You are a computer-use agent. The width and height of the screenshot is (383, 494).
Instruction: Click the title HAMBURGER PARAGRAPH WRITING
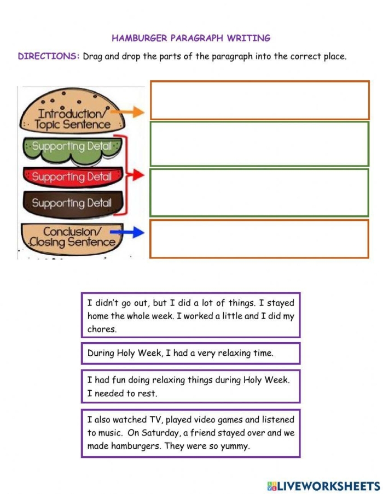click(191, 38)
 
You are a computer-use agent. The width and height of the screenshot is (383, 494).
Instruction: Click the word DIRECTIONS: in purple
click(49, 56)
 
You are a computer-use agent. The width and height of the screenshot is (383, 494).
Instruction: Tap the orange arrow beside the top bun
click(131, 112)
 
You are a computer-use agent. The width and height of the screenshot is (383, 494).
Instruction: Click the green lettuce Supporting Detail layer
click(72, 147)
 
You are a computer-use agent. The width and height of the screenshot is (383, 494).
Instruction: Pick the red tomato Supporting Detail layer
click(72, 177)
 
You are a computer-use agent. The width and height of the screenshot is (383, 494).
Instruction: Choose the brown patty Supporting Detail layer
click(72, 203)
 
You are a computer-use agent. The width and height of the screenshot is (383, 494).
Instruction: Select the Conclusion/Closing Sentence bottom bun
click(70, 237)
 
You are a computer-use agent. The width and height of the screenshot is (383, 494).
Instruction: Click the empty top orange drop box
click(259, 100)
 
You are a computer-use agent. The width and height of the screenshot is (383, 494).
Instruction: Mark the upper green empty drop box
click(259, 144)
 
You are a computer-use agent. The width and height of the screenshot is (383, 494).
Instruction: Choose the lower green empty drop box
click(259, 192)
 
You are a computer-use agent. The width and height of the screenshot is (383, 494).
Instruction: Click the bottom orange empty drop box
click(259, 239)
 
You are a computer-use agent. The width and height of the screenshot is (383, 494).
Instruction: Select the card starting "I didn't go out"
click(190, 315)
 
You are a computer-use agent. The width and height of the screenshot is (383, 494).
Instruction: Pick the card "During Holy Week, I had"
click(190, 353)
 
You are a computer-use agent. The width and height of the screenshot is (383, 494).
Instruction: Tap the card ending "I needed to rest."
click(190, 386)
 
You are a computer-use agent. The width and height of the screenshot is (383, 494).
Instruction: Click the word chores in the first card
click(101, 330)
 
